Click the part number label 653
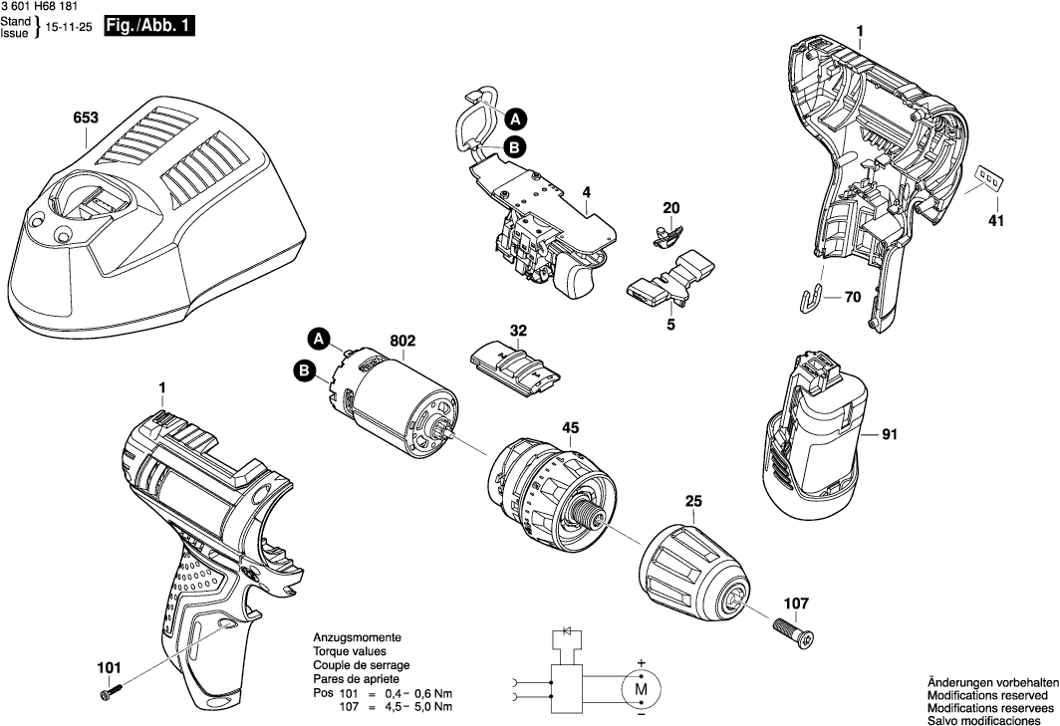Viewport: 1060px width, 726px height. (x=86, y=118)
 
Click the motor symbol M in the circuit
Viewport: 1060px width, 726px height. (x=642, y=687)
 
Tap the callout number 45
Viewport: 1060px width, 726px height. (x=570, y=429)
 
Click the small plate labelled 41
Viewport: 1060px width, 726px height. (x=988, y=179)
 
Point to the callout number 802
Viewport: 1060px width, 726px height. (x=402, y=341)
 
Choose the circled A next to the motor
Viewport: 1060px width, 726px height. (x=318, y=339)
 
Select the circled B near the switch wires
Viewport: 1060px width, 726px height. (x=515, y=147)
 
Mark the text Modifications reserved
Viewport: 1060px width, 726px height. (x=986, y=694)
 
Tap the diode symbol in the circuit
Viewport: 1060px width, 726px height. (x=567, y=632)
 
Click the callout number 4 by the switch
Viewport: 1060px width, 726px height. (x=587, y=192)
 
